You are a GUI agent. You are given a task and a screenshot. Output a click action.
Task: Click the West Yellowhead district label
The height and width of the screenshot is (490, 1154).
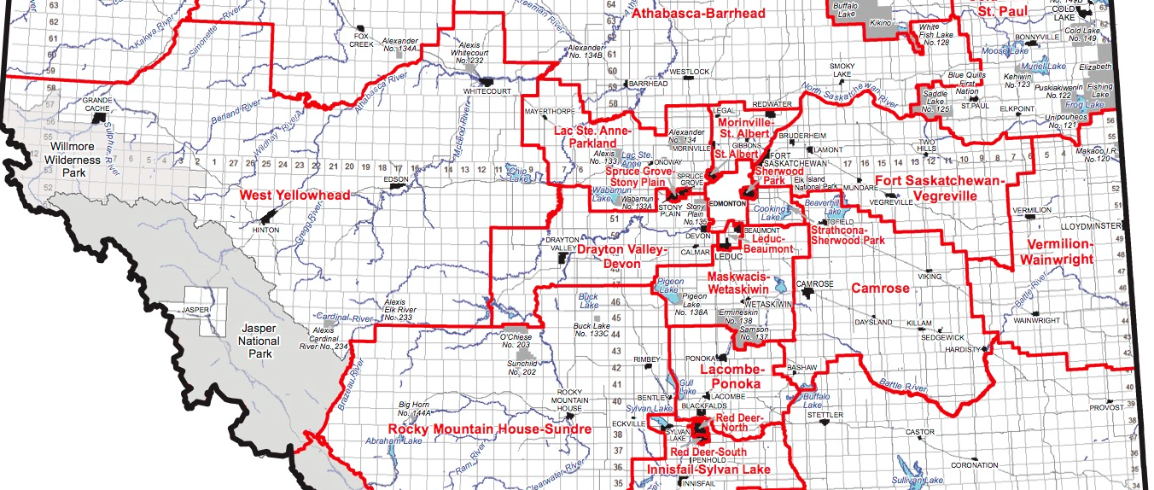pos(294,195)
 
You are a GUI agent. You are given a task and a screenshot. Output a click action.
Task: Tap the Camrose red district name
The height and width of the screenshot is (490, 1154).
pos(881,289)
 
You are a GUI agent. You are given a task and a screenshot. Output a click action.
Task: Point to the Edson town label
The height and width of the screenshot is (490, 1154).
pos(396,180)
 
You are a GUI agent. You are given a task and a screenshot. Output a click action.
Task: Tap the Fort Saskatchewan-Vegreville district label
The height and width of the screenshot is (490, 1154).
pos(935,188)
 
